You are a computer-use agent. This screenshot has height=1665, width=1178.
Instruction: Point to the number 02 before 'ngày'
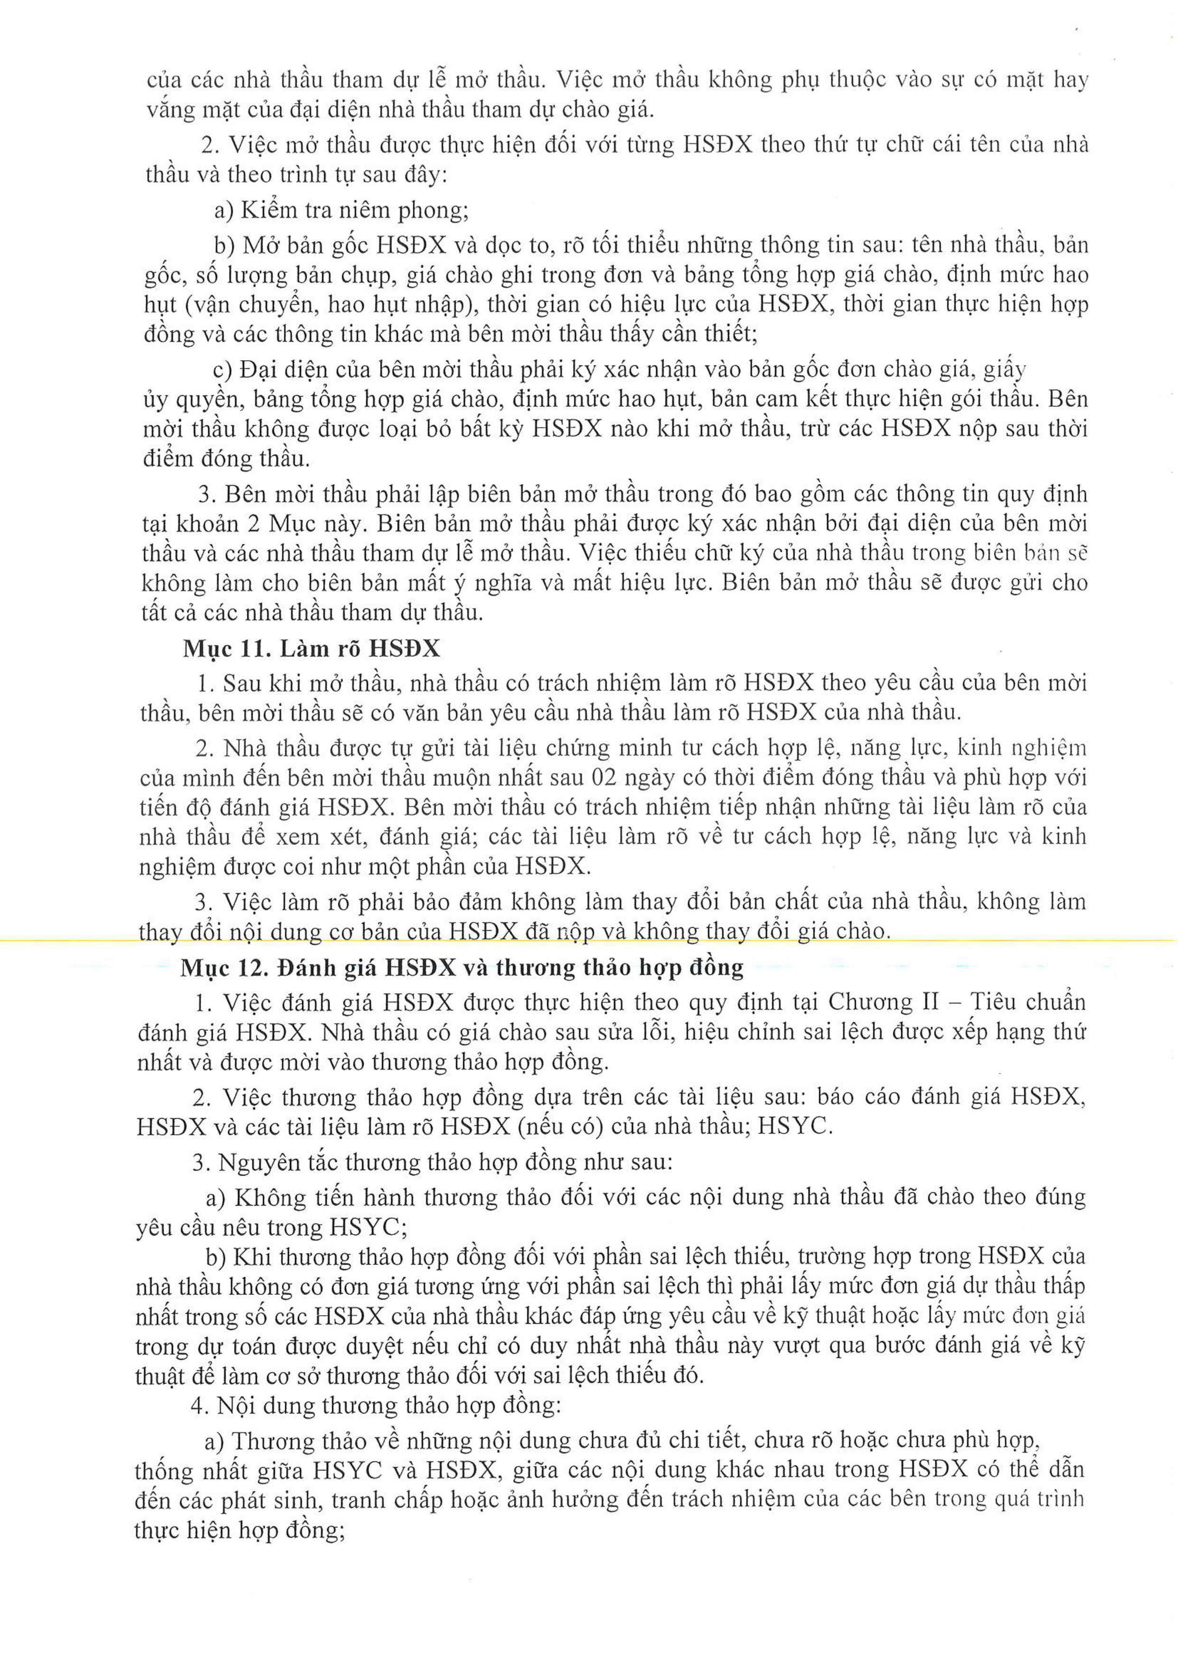click(x=605, y=777)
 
